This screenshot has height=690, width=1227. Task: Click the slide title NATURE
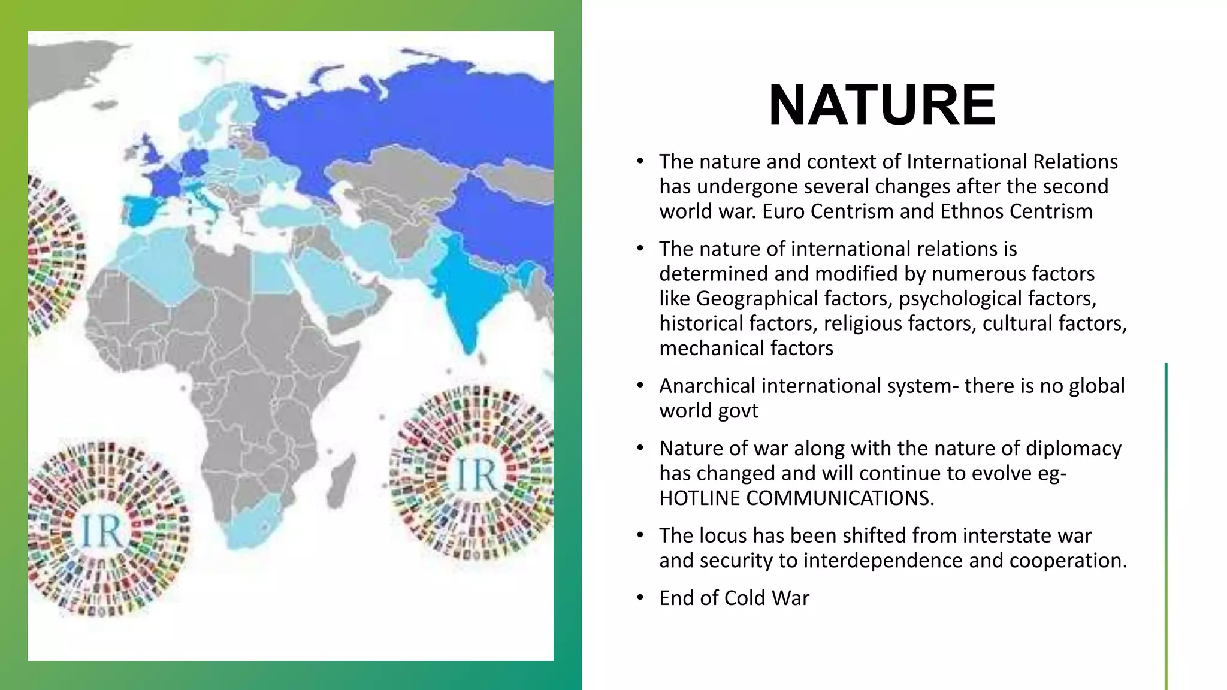click(882, 105)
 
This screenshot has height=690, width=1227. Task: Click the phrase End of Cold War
click(734, 598)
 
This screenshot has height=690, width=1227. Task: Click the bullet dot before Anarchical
click(640, 385)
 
